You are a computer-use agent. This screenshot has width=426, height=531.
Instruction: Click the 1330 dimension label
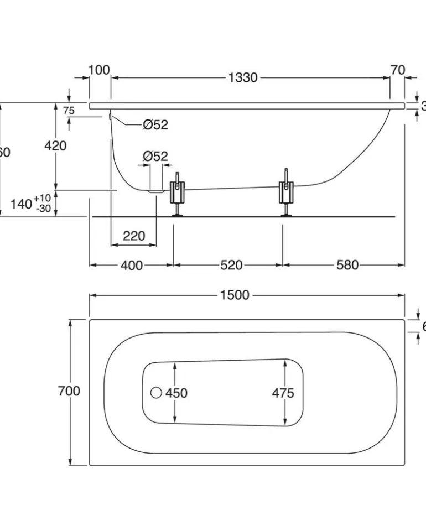tap(243, 78)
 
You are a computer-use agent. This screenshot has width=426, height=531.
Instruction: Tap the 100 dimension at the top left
tap(99, 70)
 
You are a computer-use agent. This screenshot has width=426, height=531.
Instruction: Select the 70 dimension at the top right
tap(397, 70)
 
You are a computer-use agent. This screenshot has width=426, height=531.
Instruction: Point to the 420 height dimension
tap(55, 145)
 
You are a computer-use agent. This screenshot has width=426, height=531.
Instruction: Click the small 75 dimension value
tap(68, 111)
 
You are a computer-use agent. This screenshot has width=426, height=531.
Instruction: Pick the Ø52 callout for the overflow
tap(155, 125)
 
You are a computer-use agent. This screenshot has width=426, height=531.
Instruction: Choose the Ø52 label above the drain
tap(155, 157)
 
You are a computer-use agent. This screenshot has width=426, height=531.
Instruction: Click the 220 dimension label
tap(133, 236)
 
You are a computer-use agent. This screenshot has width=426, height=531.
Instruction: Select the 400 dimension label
tap(131, 265)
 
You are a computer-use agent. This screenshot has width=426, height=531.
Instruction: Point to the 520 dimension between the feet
tap(231, 265)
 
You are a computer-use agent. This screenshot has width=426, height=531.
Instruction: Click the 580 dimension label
tap(347, 265)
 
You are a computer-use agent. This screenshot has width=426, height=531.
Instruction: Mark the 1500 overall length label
tap(235, 295)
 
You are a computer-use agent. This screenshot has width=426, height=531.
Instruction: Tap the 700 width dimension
tap(69, 391)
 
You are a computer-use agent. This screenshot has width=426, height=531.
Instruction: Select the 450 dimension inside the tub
tap(176, 393)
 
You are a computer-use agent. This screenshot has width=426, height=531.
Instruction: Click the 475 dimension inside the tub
tap(283, 393)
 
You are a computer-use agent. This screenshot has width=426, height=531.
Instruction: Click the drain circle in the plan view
tap(156, 393)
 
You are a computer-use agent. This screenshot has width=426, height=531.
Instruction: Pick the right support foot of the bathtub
tap(286, 194)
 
